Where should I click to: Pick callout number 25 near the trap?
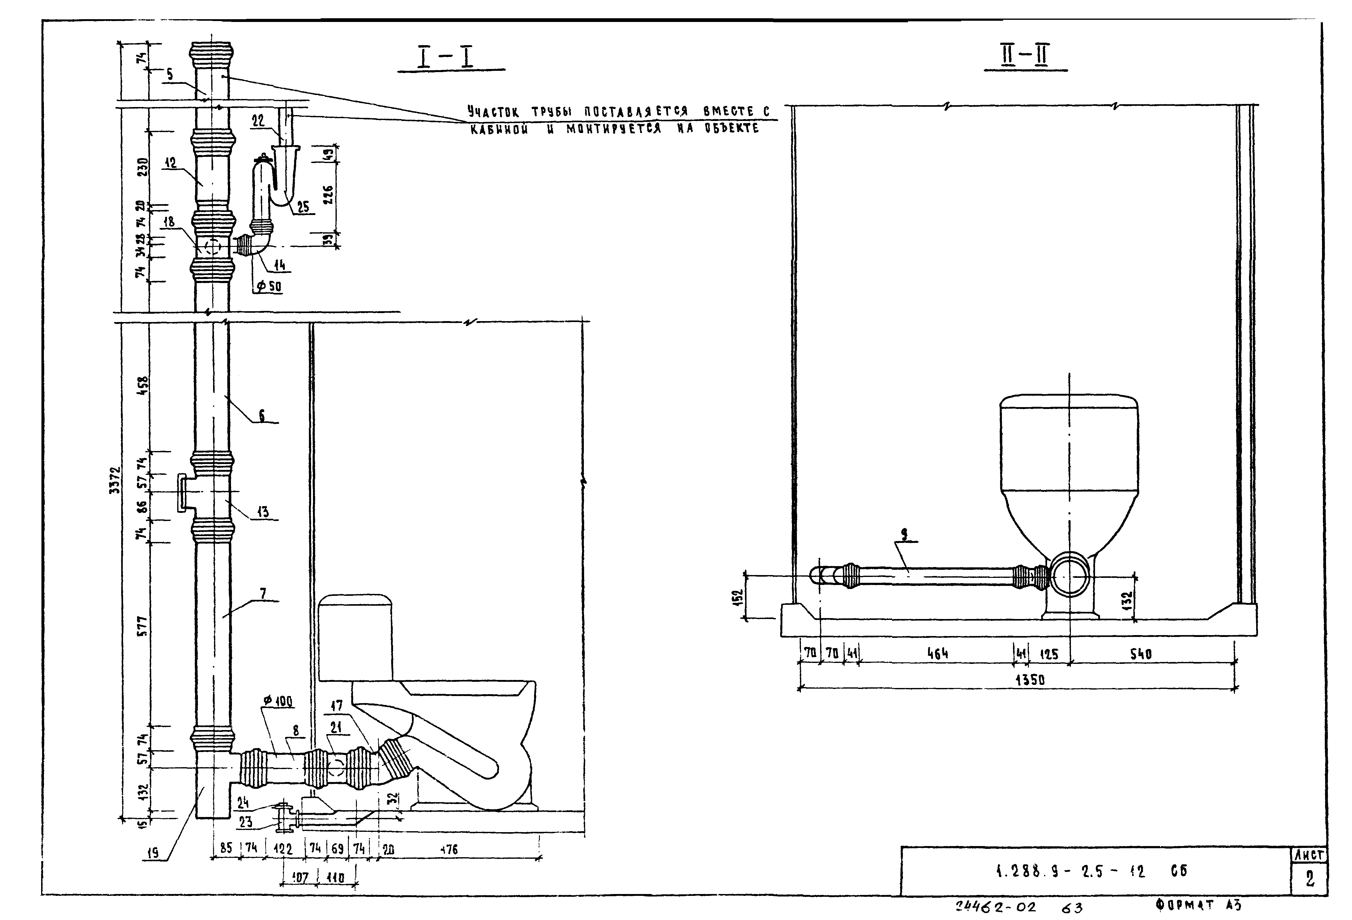point(302,207)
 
